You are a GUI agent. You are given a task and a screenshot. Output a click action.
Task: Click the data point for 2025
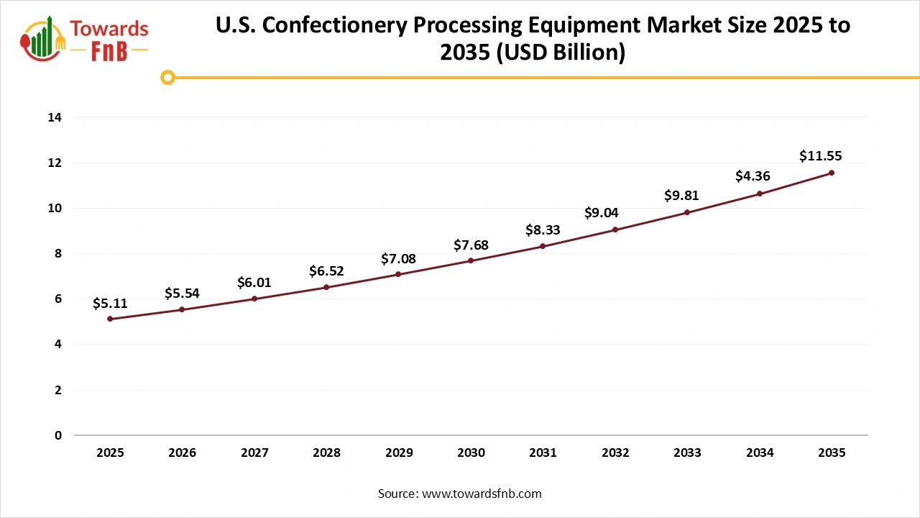[x=110, y=319]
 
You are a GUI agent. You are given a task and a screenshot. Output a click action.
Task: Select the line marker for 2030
[x=471, y=260]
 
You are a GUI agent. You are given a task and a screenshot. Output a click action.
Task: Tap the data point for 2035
[x=832, y=173]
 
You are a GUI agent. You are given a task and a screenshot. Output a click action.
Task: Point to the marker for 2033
[x=687, y=212]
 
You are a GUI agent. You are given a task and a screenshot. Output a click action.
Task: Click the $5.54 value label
[x=182, y=293]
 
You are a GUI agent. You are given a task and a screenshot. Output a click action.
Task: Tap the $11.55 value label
[x=820, y=155]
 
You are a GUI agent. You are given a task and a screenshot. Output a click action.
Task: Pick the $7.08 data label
[x=398, y=258]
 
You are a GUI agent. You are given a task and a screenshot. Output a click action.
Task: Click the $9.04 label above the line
[x=601, y=213]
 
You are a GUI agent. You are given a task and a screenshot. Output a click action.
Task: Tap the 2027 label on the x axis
[x=254, y=453]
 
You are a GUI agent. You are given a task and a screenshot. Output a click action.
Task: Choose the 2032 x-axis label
[x=615, y=453]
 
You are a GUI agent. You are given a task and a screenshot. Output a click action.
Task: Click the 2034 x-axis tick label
[x=760, y=453]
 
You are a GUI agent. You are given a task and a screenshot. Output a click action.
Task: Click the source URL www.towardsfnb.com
[x=481, y=494]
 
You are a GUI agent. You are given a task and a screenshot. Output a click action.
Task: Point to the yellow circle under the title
[x=167, y=77]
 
